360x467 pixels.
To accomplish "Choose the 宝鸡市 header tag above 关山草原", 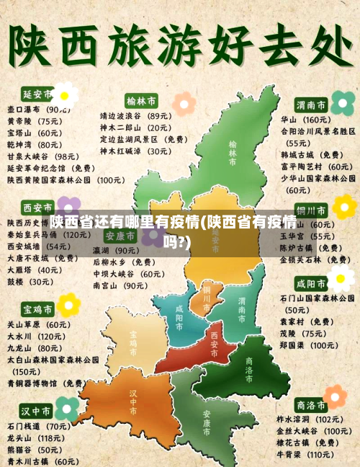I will pyautogui.click(x=37, y=309).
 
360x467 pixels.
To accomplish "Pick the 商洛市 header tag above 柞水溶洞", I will pyautogui.click(x=311, y=405).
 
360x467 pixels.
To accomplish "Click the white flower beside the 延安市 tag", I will pyautogui.click(x=65, y=94).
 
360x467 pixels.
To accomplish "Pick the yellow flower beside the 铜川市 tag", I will pyautogui.click(x=343, y=207).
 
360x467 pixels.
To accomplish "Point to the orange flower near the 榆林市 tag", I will pyautogui.click(x=184, y=103).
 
